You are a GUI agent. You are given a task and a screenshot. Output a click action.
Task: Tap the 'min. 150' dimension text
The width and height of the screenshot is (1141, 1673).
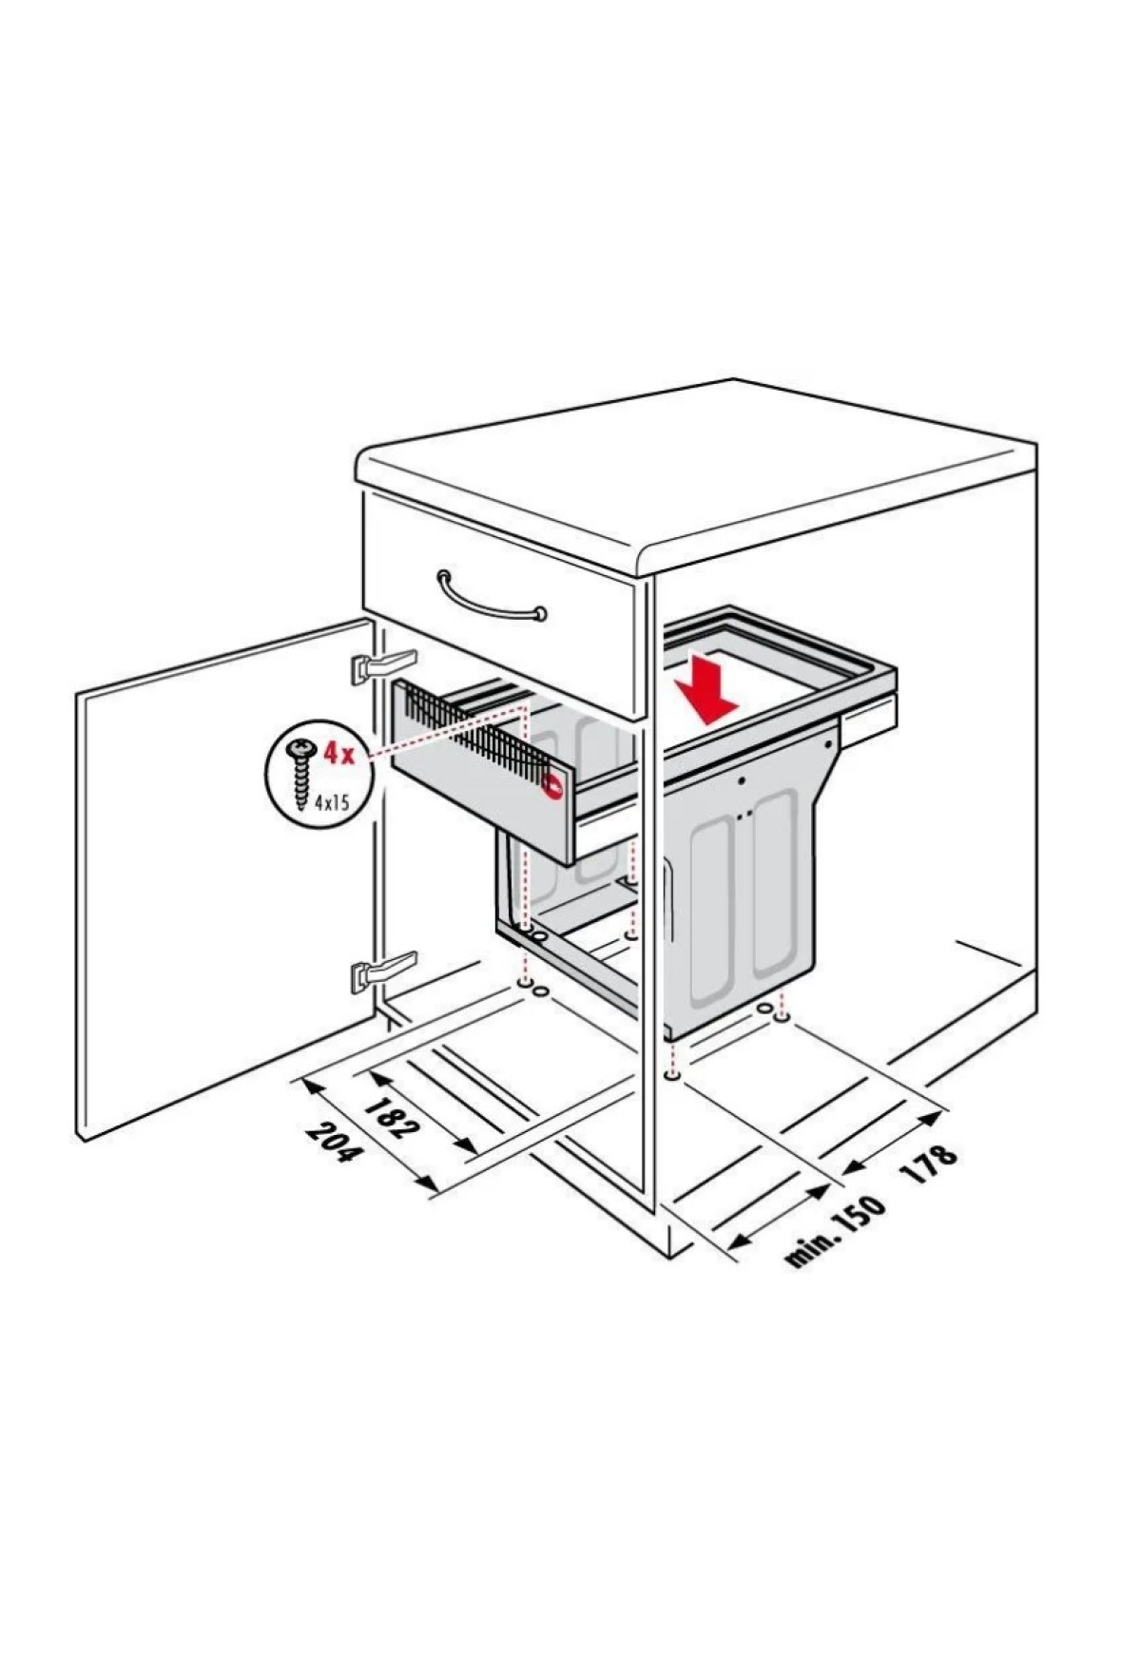click(x=836, y=1231)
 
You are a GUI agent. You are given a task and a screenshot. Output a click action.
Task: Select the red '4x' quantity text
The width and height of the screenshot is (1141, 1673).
click(x=338, y=755)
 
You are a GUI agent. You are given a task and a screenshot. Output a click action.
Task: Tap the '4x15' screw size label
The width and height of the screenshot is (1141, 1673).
click(x=334, y=801)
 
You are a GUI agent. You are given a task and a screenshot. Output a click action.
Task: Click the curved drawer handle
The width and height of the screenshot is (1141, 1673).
click(x=492, y=594)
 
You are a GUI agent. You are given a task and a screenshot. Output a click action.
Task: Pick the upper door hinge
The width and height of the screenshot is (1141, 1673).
click(x=384, y=664)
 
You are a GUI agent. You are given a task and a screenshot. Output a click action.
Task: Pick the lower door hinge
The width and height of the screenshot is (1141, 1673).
click(x=384, y=972)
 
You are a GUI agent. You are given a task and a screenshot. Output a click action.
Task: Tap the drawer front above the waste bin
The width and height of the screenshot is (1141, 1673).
click(x=500, y=605)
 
